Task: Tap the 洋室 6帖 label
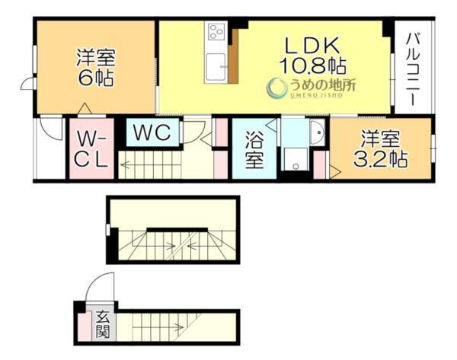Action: pyautogui.click(x=95, y=66)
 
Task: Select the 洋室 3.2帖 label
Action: pyautogui.click(x=381, y=149)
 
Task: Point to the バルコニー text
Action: pyautogui.click(x=412, y=68)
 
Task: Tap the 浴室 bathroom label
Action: pyautogui.click(x=254, y=149)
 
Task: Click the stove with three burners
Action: pyautogui.click(x=216, y=33)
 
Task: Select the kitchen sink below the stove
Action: pyautogui.click(x=217, y=66)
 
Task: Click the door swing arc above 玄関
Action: pyautogui.click(x=99, y=289)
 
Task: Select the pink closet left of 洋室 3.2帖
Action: pyautogui.click(x=321, y=164)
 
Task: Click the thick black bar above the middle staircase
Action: pyautogui.click(x=174, y=229)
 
